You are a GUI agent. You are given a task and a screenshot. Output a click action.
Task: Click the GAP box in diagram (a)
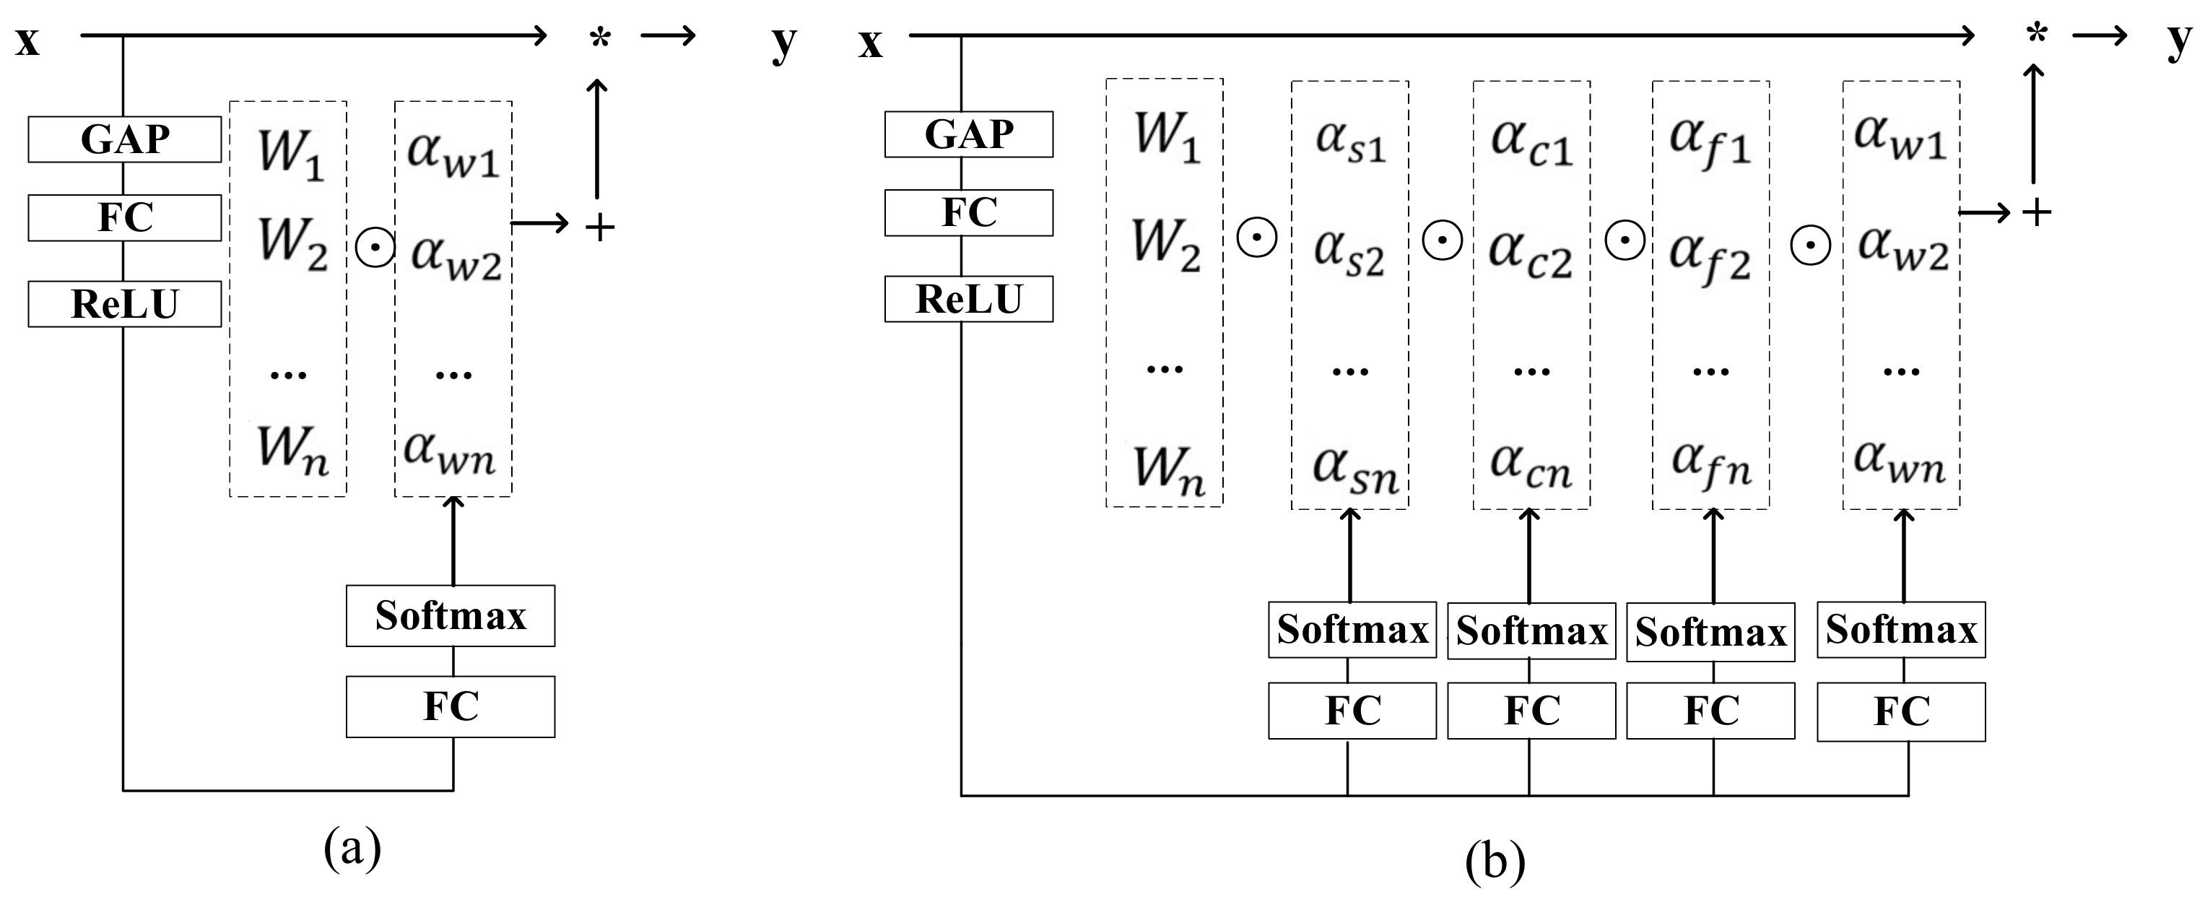pos(125,139)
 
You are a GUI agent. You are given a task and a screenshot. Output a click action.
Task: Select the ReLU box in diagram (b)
pos(968,299)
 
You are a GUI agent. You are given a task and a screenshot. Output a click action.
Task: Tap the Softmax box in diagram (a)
pos(451,615)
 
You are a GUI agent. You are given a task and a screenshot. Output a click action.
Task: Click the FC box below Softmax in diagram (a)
pos(451,707)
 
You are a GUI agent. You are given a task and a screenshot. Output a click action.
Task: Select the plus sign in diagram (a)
pos(600,227)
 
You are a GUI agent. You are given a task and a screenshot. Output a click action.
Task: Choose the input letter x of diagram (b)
pos(870,43)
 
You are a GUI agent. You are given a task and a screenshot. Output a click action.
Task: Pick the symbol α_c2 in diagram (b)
pos(1531,254)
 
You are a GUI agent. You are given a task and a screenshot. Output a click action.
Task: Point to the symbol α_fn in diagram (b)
pos(1711,465)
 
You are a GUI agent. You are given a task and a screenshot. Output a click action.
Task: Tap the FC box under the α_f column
pos(1710,711)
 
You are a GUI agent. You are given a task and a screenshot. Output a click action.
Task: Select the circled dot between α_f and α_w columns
pos(1809,246)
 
